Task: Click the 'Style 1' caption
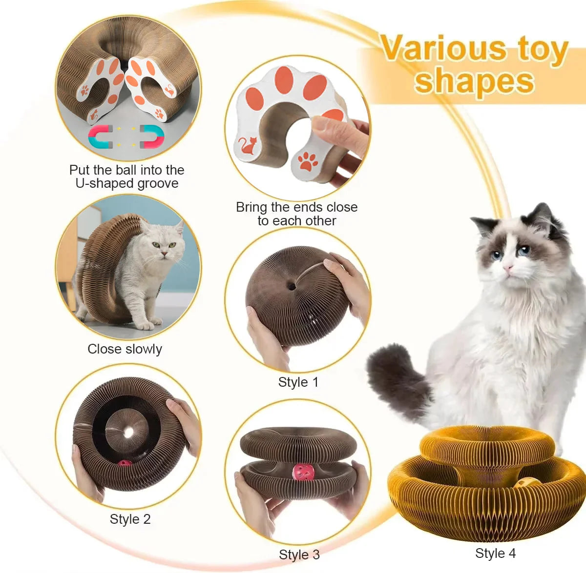(x=298, y=382)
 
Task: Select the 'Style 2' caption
(x=130, y=519)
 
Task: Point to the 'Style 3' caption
(x=299, y=554)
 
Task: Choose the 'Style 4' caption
(x=495, y=553)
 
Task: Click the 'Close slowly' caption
(x=125, y=349)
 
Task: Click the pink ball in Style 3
(x=299, y=472)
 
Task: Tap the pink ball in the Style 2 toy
(x=125, y=462)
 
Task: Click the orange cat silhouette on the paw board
(x=249, y=145)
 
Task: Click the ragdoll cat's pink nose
(x=509, y=268)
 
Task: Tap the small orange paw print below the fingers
(x=308, y=161)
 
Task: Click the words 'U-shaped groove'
(x=126, y=183)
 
